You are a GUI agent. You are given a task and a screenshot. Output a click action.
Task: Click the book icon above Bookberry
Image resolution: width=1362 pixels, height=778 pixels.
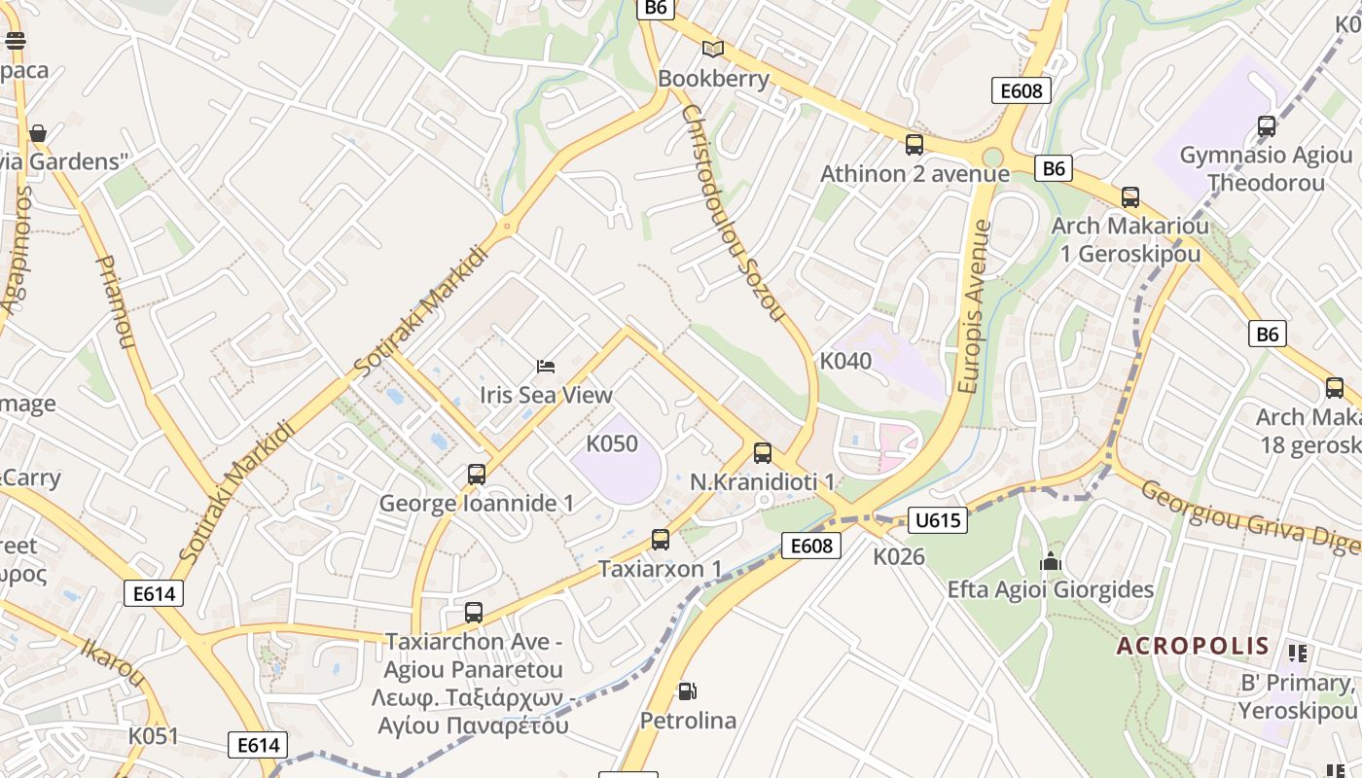click(713, 49)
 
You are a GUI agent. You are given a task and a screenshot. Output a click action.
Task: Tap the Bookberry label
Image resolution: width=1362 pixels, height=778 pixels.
click(714, 79)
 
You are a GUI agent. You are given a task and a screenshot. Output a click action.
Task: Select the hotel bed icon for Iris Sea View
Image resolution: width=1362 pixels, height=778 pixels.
click(546, 367)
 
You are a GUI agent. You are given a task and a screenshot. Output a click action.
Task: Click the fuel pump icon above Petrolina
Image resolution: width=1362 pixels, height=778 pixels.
click(687, 691)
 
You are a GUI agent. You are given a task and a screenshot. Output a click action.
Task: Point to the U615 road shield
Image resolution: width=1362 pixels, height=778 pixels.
click(938, 520)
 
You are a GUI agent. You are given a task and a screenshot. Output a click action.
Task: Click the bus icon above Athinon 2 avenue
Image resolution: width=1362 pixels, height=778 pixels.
click(914, 145)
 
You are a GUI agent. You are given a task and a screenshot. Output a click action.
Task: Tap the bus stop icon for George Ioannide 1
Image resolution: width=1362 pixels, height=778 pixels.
click(476, 475)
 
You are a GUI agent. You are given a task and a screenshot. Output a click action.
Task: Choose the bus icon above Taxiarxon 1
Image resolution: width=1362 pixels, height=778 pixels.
click(661, 540)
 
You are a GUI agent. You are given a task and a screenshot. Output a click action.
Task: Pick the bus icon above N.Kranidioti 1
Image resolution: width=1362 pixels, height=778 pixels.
click(762, 453)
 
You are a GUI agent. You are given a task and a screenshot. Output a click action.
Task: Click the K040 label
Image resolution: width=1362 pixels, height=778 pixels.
click(845, 361)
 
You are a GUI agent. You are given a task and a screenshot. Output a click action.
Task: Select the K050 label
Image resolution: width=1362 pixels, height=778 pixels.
click(612, 444)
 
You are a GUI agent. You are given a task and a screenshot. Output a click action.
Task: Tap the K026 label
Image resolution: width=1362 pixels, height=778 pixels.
click(898, 557)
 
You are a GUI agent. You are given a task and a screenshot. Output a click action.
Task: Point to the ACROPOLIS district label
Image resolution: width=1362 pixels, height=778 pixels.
click(1193, 646)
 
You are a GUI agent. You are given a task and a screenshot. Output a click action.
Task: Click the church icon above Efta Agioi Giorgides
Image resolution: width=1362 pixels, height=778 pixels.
click(1050, 561)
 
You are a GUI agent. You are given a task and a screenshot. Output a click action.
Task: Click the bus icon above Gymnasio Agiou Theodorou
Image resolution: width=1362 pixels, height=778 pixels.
click(1266, 126)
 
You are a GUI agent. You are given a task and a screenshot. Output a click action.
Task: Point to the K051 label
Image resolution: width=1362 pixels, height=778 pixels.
click(154, 736)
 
